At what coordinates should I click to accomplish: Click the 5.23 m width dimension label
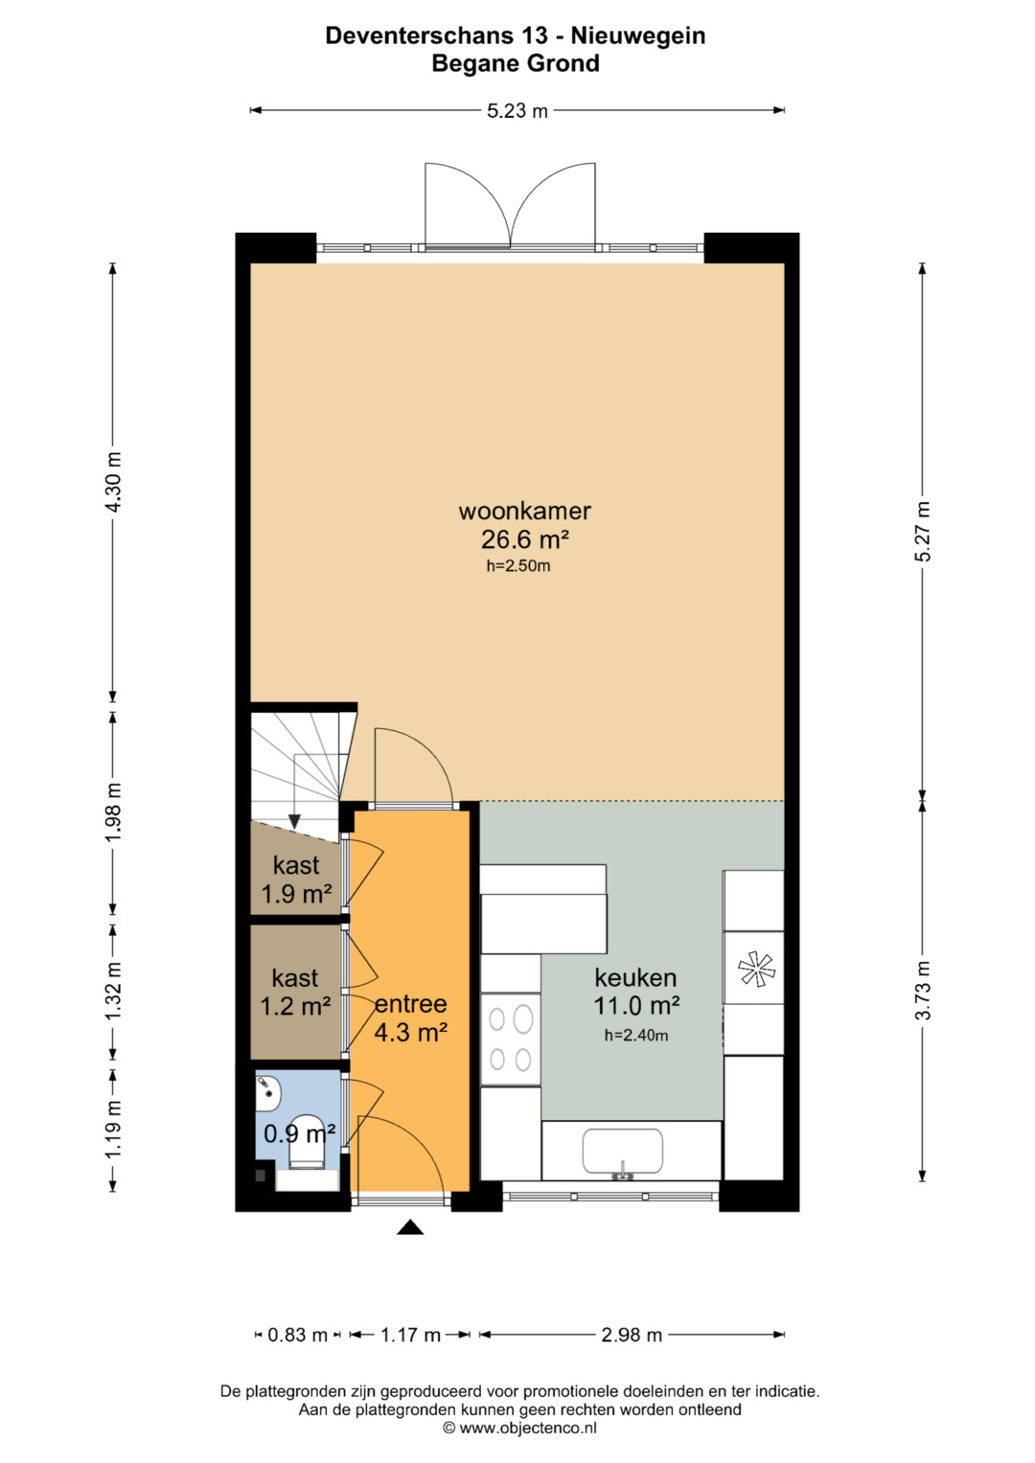(517, 110)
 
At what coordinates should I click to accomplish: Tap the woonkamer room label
(525, 510)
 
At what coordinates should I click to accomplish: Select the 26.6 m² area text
(525, 539)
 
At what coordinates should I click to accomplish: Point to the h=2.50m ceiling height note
(518, 566)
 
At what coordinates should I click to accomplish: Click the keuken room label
(635, 977)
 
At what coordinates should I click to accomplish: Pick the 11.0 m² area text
(635, 1006)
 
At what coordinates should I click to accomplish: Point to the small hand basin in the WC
(267, 1092)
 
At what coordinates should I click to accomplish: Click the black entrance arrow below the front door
(410, 1227)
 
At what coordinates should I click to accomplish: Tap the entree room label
(411, 1004)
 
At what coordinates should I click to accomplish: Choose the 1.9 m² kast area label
(297, 894)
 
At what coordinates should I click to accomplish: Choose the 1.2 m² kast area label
(295, 1006)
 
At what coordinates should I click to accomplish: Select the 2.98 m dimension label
(632, 1335)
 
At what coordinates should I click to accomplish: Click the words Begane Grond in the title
(516, 63)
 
